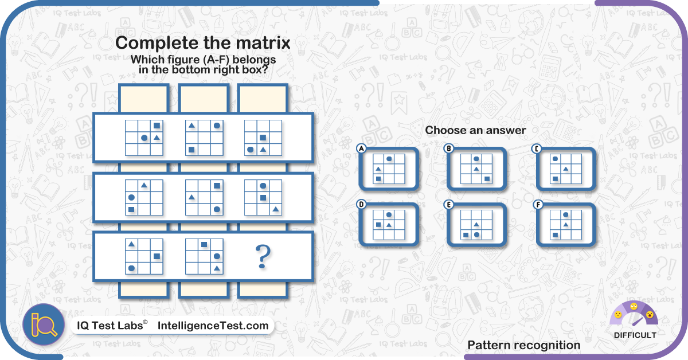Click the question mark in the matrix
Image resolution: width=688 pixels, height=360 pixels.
tap(263, 257)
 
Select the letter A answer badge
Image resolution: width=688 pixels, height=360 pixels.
tap(362, 148)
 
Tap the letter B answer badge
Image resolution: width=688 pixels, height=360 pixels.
tap(449, 148)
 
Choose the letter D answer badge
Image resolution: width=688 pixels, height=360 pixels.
tap(362, 205)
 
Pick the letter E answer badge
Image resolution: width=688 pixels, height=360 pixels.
tap(449, 205)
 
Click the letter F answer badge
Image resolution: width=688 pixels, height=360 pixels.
tap(538, 205)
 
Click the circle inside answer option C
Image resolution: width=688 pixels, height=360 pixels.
tap(555, 159)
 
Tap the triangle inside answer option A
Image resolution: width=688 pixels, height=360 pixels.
tap(378, 169)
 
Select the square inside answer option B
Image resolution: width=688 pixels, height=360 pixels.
tap(487, 179)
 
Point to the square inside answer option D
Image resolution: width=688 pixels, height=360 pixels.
tap(378, 225)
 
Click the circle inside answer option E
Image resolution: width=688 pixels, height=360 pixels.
tap(476, 234)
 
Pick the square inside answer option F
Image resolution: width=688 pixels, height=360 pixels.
tap(555, 235)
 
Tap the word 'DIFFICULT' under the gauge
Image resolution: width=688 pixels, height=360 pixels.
tap(635, 335)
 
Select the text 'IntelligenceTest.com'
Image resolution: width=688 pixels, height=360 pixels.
tap(213, 326)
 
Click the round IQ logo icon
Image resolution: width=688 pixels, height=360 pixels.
tap(44, 324)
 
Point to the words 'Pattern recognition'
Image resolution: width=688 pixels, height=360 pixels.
tap(524, 345)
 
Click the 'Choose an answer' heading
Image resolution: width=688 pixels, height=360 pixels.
tap(475, 130)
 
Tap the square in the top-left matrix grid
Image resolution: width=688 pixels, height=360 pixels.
tap(157, 126)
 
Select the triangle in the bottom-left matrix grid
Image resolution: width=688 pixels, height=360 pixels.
tap(131, 244)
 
